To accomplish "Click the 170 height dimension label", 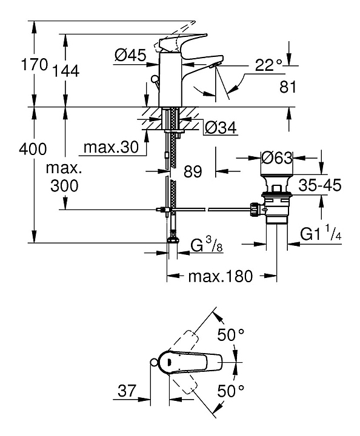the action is tap(35, 65).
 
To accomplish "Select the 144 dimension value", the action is tap(66, 71).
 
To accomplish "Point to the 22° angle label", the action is tap(268, 65).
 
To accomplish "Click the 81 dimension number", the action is tap(288, 87).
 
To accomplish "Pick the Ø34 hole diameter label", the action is tap(221, 128).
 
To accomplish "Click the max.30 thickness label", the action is tap(111, 147).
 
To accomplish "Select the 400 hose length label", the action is tap(33, 149).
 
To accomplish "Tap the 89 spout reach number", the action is tap(193, 171).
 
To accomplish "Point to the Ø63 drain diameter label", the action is tap(277, 158).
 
